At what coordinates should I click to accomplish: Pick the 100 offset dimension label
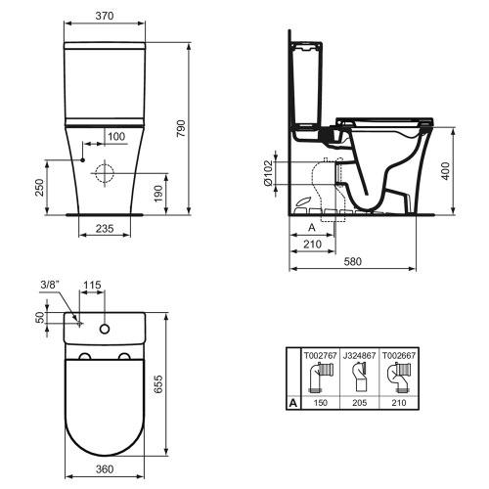[116, 135]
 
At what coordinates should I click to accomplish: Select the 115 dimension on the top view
[94, 287]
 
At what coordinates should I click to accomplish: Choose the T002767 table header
[322, 357]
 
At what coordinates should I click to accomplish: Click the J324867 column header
[357, 357]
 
